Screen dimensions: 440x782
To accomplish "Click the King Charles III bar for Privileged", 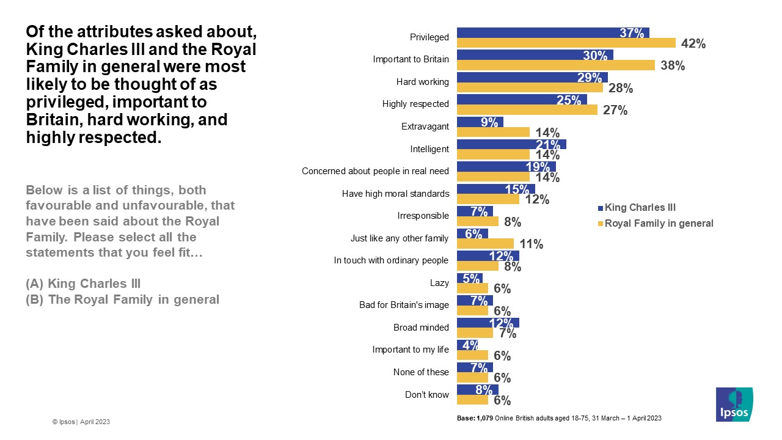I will pos(553,32).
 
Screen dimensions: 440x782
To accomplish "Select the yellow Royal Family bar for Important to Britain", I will pos(556,65).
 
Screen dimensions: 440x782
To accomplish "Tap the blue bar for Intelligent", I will pos(511,144).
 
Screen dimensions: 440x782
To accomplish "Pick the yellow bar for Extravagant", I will pos(493,132).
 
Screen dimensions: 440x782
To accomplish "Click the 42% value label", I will pos(693,43).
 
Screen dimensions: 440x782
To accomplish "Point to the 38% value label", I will pos(673,66).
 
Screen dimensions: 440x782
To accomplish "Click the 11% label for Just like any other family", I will pos(531,244).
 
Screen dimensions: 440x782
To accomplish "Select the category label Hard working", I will pos(422,82).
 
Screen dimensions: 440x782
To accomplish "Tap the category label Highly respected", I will pos(415,104).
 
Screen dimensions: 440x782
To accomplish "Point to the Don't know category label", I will pos(427,394).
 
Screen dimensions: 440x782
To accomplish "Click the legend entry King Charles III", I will pos(640,207).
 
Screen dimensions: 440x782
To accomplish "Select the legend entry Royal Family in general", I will pos(659,223).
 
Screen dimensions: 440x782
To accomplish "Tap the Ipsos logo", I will pos(734,404).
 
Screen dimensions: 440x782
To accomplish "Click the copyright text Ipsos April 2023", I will pos(81,422).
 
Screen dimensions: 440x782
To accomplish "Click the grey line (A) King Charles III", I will pos(83,284).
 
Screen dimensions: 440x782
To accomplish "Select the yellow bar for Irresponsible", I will pos(478,221).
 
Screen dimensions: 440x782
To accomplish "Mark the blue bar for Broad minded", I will pos(488,322).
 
